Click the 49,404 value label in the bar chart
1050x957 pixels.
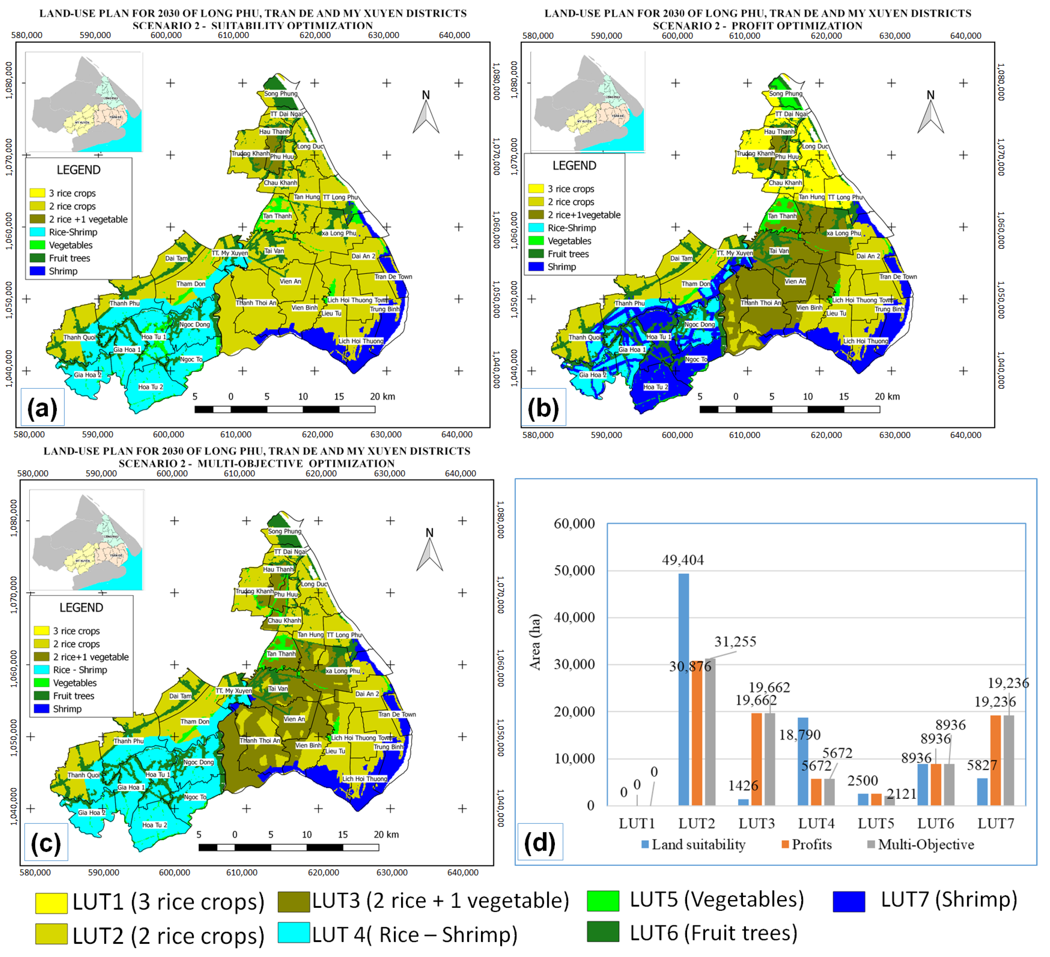tap(682, 560)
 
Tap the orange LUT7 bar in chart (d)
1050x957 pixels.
tap(995, 760)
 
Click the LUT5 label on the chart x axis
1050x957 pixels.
tap(876, 823)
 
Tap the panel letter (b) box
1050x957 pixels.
tap(543, 408)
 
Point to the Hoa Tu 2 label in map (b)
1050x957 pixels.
tap(655, 387)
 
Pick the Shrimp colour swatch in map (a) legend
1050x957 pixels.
tap(37, 271)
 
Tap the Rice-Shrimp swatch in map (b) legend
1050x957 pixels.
tap(536, 228)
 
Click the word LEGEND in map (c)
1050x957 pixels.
tap(81, 608)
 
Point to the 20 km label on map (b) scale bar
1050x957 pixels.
tap(887, 396)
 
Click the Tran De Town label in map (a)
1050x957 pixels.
tap(393, 277)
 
